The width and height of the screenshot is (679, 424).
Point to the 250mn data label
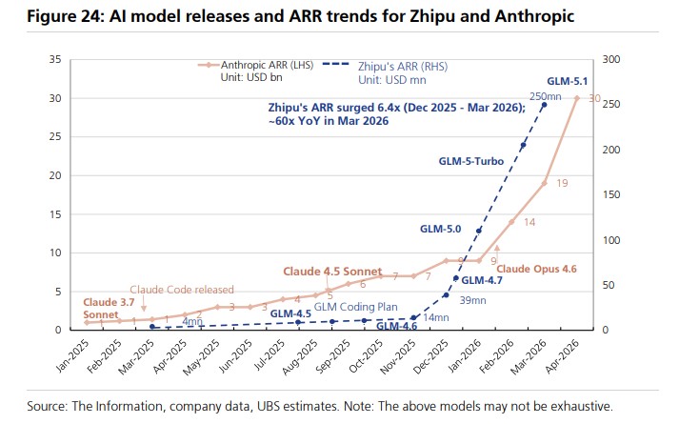click(545, 96)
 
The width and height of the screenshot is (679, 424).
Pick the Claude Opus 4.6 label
click(537, 270)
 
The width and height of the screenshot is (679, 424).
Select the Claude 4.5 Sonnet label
click(330, 272)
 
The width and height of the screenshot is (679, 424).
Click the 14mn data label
click(435, 317)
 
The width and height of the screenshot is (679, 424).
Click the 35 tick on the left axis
click(54, 60)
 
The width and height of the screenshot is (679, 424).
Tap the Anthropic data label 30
click(594, 99)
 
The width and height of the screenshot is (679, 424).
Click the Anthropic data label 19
click(561, 183)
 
